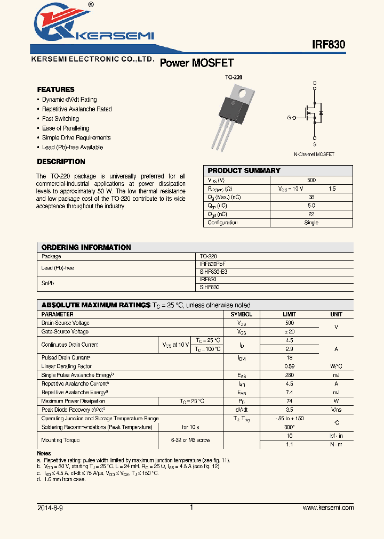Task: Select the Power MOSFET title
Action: (197, 63)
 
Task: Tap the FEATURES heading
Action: (55, 89)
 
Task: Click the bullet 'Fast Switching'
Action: (60, 119)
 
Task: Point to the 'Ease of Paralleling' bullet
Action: (66, 128)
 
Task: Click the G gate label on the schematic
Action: (289, 118)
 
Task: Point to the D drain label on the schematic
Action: (315, 83)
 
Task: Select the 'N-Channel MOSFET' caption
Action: (314, 154)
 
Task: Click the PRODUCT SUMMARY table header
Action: (244, 170)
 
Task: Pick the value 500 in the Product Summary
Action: (311, 181)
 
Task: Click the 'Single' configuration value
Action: (311, 223)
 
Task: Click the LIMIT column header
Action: (289, 314)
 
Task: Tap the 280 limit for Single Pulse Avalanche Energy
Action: (289, 375)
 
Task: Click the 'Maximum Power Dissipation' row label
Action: (73, 401)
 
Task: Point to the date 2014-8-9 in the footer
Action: (50, 508)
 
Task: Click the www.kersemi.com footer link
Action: (328, 508)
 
